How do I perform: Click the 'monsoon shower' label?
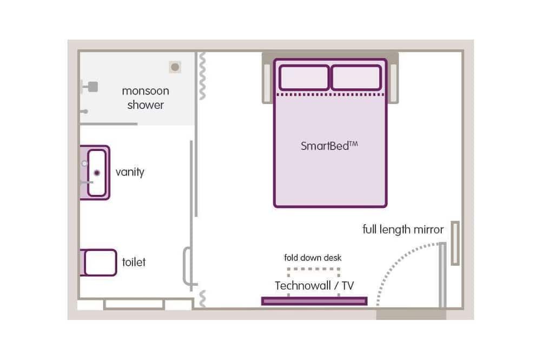145,98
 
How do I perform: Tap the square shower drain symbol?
175,67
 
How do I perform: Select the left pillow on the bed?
304,77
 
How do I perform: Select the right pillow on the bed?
356,77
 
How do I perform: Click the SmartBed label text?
329,145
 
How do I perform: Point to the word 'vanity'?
130,172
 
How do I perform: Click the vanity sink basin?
97,173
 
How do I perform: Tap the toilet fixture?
99,262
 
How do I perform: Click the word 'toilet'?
134,263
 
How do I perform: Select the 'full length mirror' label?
403,229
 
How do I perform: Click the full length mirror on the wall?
455,243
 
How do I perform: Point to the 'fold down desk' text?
313,258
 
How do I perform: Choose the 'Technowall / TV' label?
314,285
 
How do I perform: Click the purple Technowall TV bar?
314,301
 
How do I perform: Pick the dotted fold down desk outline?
314,269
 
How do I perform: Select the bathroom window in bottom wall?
134,304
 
